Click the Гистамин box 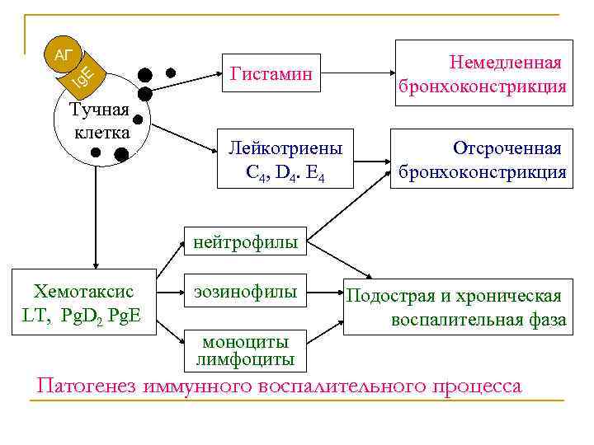coord(271,75)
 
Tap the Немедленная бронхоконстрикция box coord(483,75)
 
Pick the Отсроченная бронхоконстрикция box coord(483,159)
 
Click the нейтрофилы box coord(246,242)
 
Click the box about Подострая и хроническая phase coord(456,307)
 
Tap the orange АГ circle coord(64,55)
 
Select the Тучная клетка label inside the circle coord(99,121)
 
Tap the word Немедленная coord(505,63)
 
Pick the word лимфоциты coord(246,360)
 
